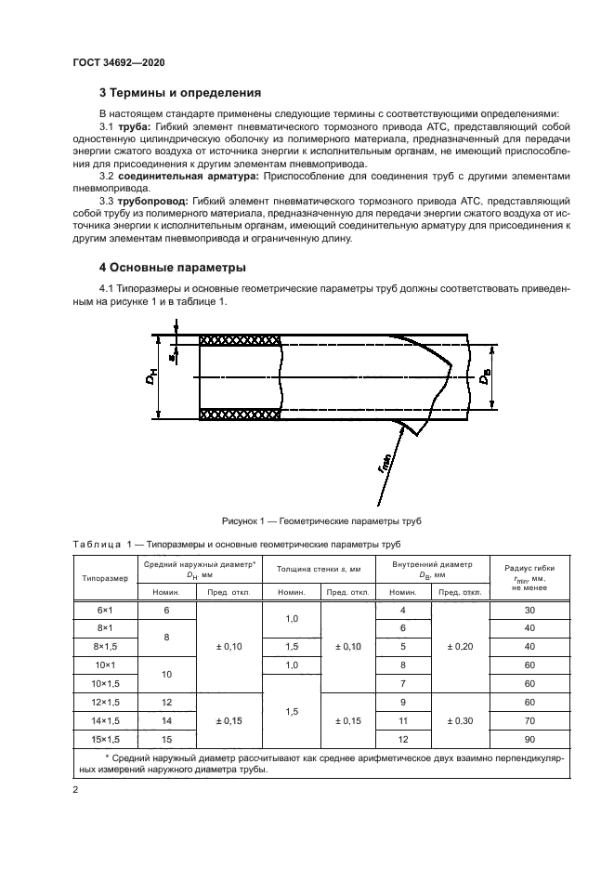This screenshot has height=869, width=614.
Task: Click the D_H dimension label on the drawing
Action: [152, 378]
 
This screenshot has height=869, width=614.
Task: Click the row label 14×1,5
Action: [105, 719]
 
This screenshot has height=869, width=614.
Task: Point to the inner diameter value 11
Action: [403, 719]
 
